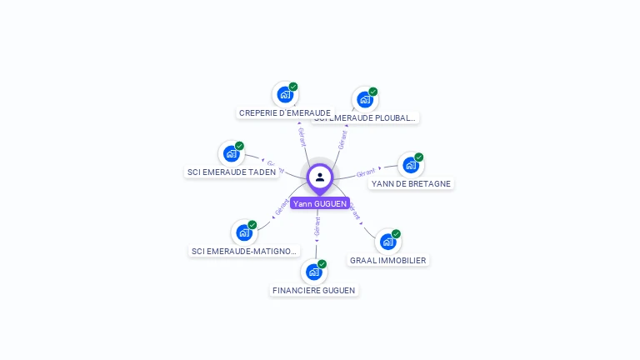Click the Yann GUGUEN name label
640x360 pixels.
tap(320, 203)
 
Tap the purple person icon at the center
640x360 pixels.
tap(320, 177)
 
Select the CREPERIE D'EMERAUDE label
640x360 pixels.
tap(285, 112)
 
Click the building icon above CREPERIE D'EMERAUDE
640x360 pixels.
tap(285, 94)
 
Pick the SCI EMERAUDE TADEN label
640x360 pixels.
tap(231, 172)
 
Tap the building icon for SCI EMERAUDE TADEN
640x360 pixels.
tap(231, 153)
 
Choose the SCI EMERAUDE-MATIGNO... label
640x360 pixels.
tap(244, 251)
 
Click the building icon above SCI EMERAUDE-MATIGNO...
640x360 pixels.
tap(243, 232)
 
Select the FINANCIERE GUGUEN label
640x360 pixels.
tap(313, 291)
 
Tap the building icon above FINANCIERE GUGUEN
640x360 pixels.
tap(313, 272)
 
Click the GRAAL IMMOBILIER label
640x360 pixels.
tap(387, 261)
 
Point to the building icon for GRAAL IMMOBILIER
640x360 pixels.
tap(387, 242)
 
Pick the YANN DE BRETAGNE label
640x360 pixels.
tap(411, 183)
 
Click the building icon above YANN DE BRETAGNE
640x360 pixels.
tap(410, 165)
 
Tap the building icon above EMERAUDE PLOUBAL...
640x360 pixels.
tap(364, 99)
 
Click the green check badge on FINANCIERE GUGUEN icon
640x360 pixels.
tap(322, 263)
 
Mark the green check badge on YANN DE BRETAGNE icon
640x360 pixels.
tap(419, 157)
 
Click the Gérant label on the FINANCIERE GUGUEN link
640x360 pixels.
tap(317, 226)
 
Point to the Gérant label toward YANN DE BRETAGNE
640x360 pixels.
tap(365, 172)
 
